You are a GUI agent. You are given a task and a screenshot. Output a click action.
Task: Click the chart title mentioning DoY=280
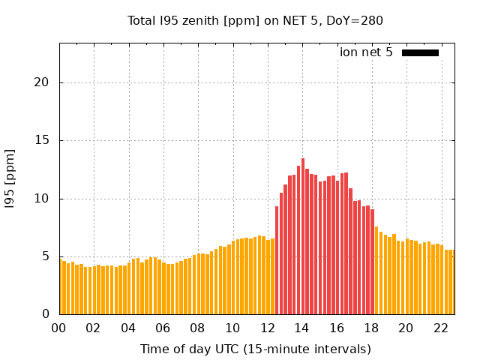[255, 20]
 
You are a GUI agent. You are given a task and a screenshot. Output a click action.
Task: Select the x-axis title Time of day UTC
[255, 349]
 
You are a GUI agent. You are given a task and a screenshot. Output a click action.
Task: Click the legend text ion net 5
[366, 52]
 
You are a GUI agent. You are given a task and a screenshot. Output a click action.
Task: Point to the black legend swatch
[420, 52]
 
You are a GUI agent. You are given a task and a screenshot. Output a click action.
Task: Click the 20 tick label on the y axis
[42, 82]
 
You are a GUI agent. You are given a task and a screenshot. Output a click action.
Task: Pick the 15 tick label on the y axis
[42, 140]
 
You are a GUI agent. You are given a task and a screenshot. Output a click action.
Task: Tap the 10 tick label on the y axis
[42, 199]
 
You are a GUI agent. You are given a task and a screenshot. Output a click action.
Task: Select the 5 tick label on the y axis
[45, 256]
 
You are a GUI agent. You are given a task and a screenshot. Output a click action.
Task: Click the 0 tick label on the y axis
[45, 314]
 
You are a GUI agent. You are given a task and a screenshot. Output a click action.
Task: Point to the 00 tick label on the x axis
[59, 328]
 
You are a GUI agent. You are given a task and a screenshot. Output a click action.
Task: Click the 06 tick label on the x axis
[163, 328]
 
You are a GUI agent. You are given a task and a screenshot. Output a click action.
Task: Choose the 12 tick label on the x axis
[267, 328]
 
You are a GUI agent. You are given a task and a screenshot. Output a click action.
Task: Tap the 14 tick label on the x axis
[301, 328]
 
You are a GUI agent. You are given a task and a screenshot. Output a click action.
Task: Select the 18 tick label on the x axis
[370, 328]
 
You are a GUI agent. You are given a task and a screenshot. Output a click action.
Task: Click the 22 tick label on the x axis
[440, 328]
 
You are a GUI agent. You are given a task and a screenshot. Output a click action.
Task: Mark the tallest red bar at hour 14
[303, 236]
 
